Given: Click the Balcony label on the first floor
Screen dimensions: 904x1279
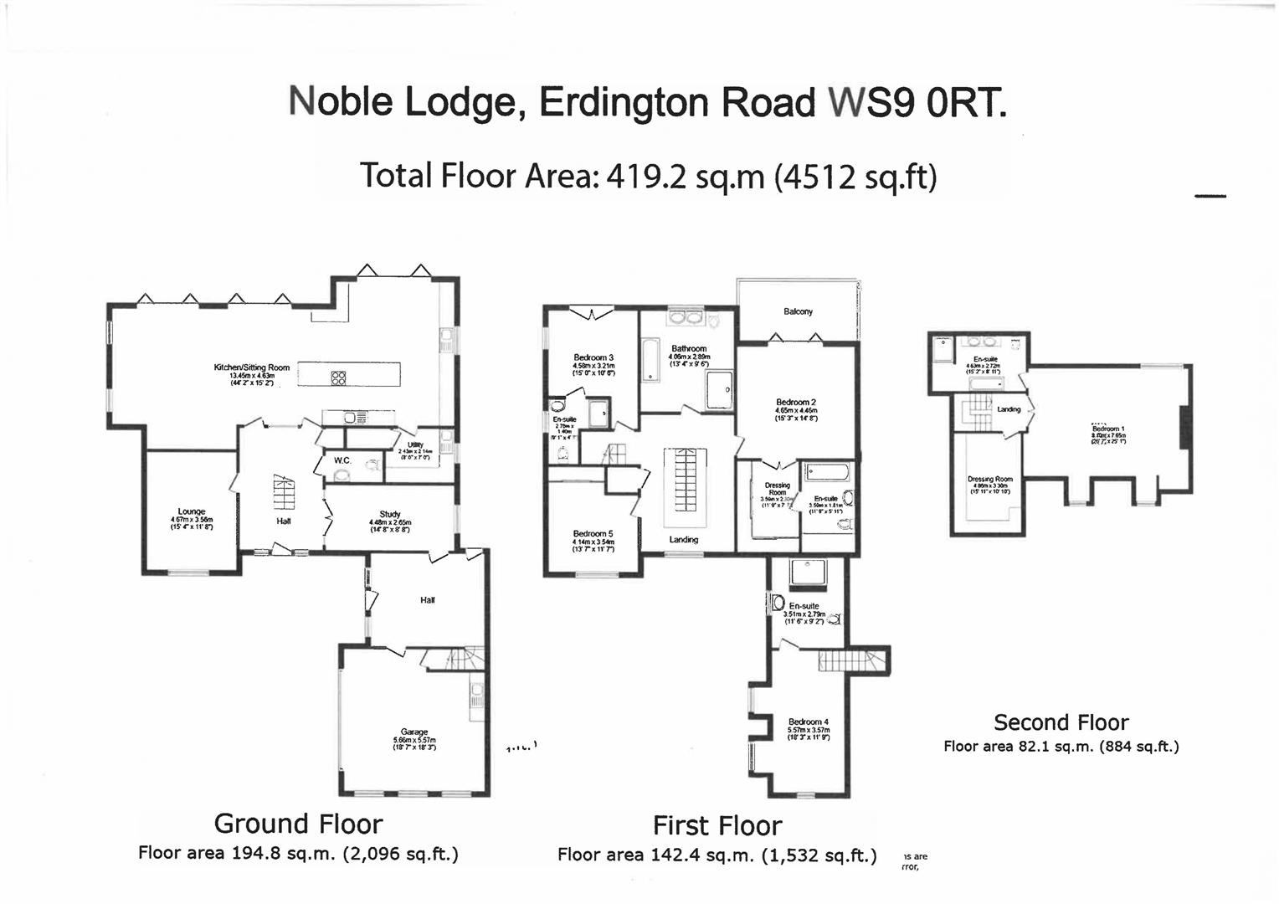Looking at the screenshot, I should click(798, 311).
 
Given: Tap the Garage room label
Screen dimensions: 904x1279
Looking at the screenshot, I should click(414, 732).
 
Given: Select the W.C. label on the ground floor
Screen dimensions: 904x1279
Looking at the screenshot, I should click(342, 460).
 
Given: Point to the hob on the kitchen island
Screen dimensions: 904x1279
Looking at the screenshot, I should click(339, 378).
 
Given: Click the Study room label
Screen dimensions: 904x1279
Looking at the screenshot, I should click(390, 514).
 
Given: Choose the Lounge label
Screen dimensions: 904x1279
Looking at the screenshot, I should click(192, 511).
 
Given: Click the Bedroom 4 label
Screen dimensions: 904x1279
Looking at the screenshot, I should click(809, 722).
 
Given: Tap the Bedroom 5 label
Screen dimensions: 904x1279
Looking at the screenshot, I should click(593, 534).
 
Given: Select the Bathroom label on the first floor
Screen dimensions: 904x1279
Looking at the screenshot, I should click(689, 348).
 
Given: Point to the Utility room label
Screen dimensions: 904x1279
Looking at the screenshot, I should click(415, 445).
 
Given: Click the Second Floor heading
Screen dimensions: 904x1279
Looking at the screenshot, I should click(1061, 722).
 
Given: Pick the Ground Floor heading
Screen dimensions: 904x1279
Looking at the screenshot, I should click(298, 824).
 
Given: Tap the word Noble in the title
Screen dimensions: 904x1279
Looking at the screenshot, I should click(341, 102).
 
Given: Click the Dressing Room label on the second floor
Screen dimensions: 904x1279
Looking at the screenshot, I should click(990, 480).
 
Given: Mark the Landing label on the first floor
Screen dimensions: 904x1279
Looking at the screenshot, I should click(684, 540).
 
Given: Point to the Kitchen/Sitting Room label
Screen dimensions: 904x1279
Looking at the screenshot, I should click(252, 367).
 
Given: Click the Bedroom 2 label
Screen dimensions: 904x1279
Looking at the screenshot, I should click(796, 403).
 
